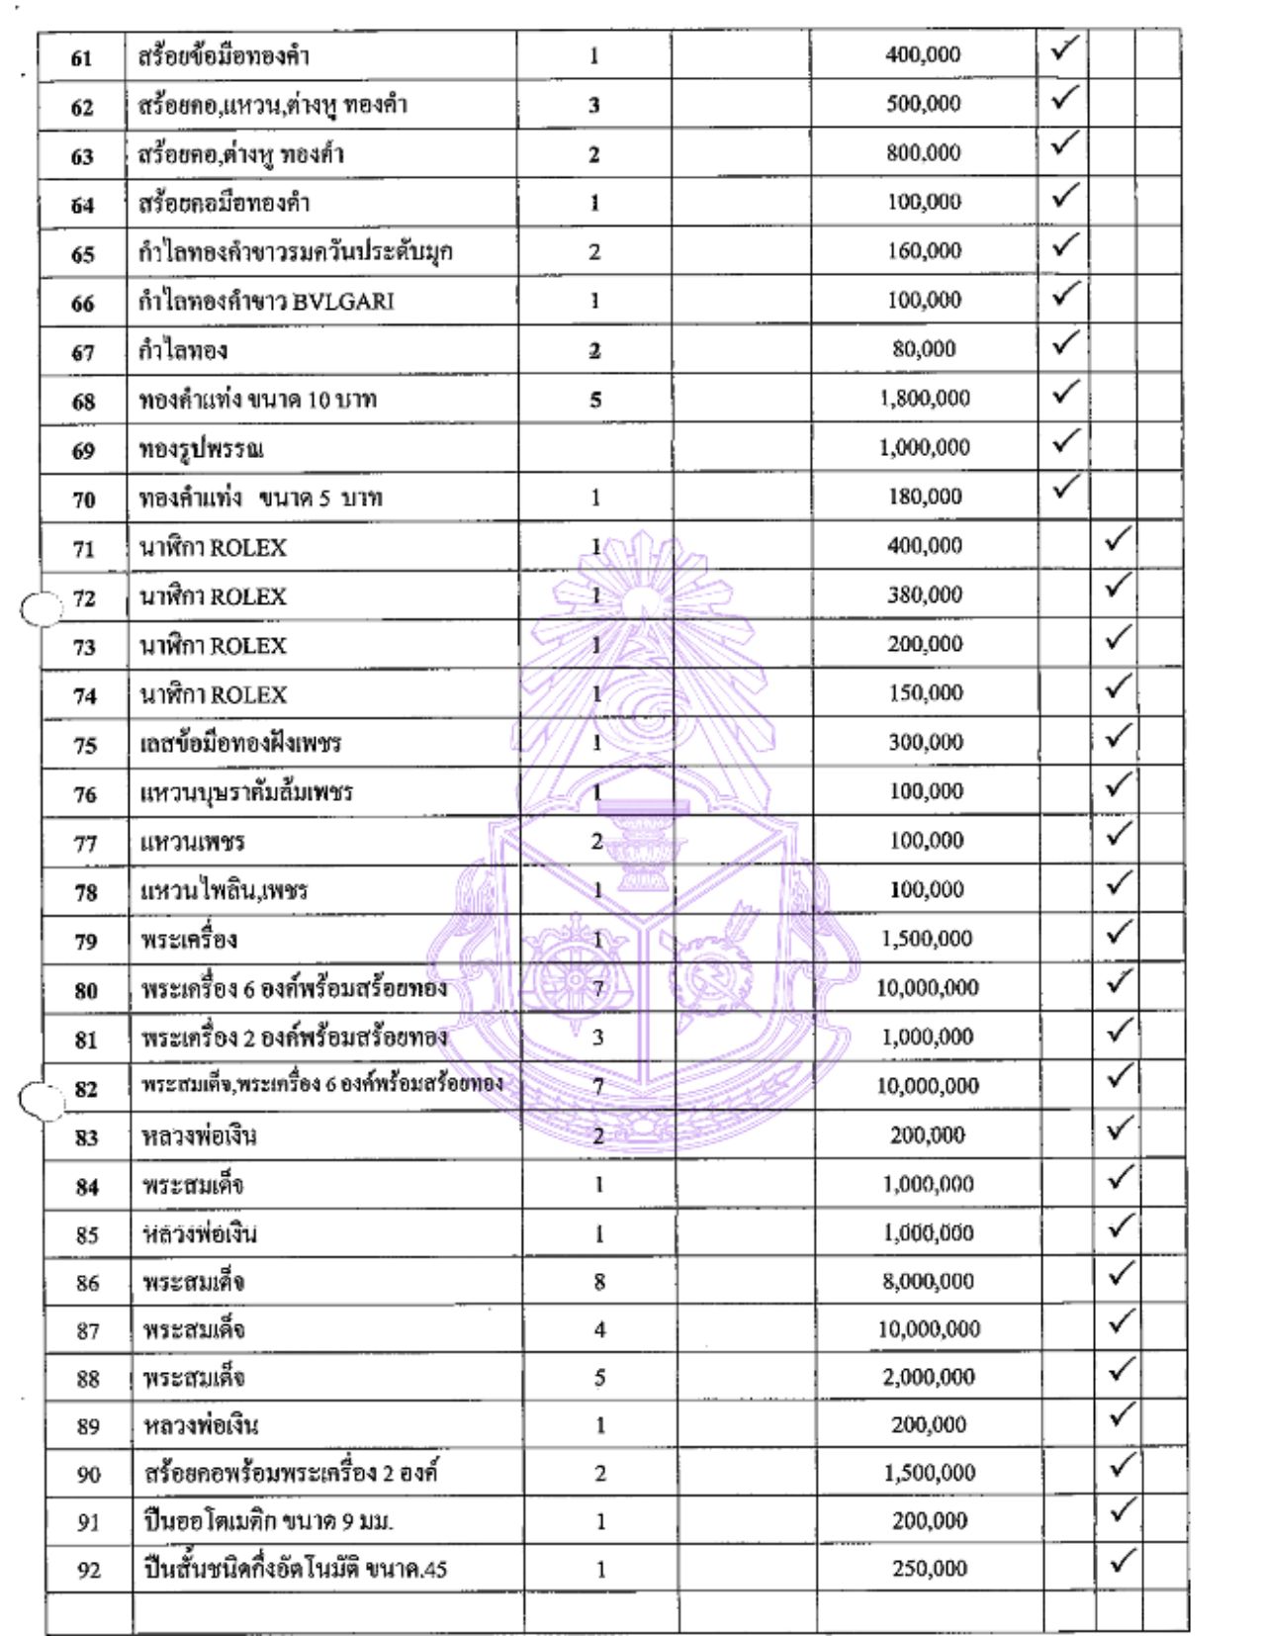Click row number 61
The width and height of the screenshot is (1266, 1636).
[81, 57]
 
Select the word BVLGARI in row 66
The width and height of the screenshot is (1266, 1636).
[343, 302]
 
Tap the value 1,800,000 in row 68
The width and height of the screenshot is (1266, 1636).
[924, 399]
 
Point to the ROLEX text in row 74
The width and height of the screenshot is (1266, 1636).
[248, 695]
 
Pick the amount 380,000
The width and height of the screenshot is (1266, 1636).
[924, 595]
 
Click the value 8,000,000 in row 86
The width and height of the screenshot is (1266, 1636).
[928, 1282]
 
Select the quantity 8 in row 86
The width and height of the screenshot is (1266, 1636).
[599, 1282]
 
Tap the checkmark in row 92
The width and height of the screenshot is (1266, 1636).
[1121, 1562]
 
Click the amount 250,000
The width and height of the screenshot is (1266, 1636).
[929, 1569]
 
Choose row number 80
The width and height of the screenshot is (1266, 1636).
[86, 990]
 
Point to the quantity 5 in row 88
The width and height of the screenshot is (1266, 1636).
[599, 1378]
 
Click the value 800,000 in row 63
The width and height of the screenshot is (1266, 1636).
[923, 153]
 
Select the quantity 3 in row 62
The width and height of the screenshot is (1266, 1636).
[594, 106]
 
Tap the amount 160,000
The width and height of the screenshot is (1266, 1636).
[924, 251]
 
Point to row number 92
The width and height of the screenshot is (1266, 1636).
[88, 1571]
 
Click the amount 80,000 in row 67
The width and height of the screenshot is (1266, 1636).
[924, 349]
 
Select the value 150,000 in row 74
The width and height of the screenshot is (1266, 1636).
[925, 693]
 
